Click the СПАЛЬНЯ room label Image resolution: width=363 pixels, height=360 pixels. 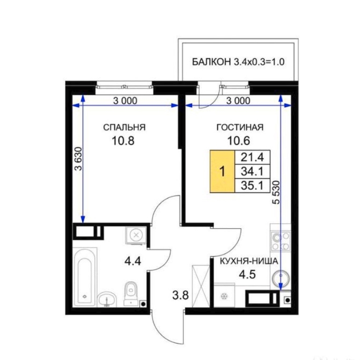[124, 127]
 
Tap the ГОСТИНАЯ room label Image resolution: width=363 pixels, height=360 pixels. [240, 127]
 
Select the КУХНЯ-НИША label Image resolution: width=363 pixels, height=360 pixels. [249, 261]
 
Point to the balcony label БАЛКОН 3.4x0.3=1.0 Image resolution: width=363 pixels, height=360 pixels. [238, 62]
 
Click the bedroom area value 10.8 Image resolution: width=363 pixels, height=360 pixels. [123, 140]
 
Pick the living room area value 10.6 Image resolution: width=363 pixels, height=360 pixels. [239, 140]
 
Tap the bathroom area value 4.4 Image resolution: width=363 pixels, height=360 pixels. [133, 261]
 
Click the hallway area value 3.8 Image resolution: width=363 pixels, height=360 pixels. [181, 295]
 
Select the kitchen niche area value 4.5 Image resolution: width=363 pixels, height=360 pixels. [247, 274]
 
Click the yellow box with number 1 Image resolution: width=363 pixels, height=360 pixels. [222, 172]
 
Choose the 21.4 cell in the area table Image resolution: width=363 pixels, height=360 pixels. [252, 158]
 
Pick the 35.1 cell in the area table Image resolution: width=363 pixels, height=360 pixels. [252, 186]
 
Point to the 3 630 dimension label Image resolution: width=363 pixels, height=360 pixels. [79, 158]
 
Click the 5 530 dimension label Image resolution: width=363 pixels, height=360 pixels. [276, 192]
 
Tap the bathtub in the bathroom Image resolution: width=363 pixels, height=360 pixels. [85, 277]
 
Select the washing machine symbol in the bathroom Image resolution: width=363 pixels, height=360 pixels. [136, 235]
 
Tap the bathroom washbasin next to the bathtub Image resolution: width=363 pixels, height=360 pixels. [107, 299]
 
